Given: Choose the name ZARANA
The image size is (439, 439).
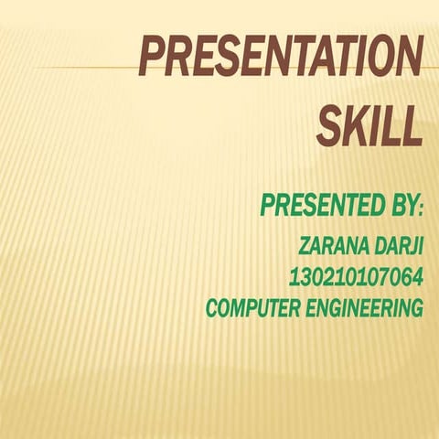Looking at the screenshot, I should [331, 246].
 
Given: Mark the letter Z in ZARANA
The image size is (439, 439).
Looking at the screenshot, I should [305, 246].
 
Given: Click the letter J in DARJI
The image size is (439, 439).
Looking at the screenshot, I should [411, 246].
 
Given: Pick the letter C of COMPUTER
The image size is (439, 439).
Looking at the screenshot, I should [213, 308].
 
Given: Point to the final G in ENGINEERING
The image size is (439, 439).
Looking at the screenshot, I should [416, 308].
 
